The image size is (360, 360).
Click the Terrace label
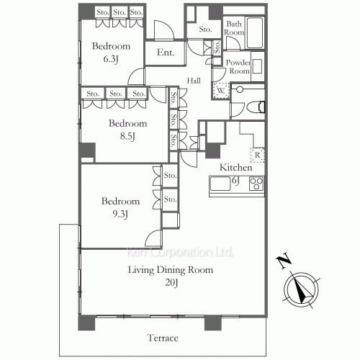tap(163, 338)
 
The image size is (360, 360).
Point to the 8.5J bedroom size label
tap(127, 135)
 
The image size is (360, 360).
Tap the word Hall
tap(194, 81)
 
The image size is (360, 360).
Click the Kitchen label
tap(235, 167)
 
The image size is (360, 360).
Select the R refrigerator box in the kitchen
tap(256, 154)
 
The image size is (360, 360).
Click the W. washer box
tap(220, 90)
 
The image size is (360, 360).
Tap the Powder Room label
tap(238, 67)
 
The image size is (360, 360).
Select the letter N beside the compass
tap(284, 260)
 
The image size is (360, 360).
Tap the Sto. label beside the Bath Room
tap(205, 30)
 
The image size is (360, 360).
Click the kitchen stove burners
tap(256, 184)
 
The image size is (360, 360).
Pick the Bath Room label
tap(234, 29)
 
